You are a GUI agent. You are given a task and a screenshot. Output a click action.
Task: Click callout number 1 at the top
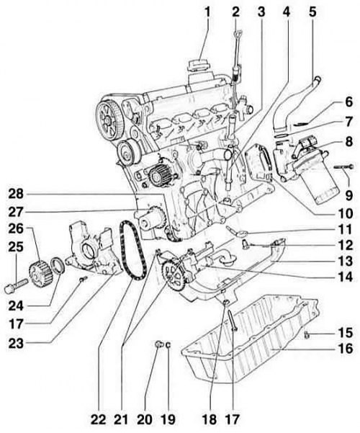coord(207,12)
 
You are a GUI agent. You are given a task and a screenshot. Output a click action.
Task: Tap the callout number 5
coord(312,12)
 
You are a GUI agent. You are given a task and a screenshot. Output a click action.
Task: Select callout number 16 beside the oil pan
coord(345,349)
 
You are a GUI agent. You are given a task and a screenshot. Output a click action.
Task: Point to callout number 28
coord(16,195)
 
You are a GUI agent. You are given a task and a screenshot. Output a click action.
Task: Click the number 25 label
coord(16,246)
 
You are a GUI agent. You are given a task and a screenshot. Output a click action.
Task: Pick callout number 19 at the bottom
coord(168,420)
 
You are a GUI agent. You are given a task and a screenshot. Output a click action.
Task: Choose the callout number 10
coord(345,213)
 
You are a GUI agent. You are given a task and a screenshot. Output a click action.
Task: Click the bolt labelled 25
coord(16,285)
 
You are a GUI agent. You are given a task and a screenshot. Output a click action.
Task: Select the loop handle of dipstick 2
coord(237,35)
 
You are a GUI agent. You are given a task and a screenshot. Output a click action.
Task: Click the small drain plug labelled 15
coord(307,335)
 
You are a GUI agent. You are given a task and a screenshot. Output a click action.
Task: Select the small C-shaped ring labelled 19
coord(168,344)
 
